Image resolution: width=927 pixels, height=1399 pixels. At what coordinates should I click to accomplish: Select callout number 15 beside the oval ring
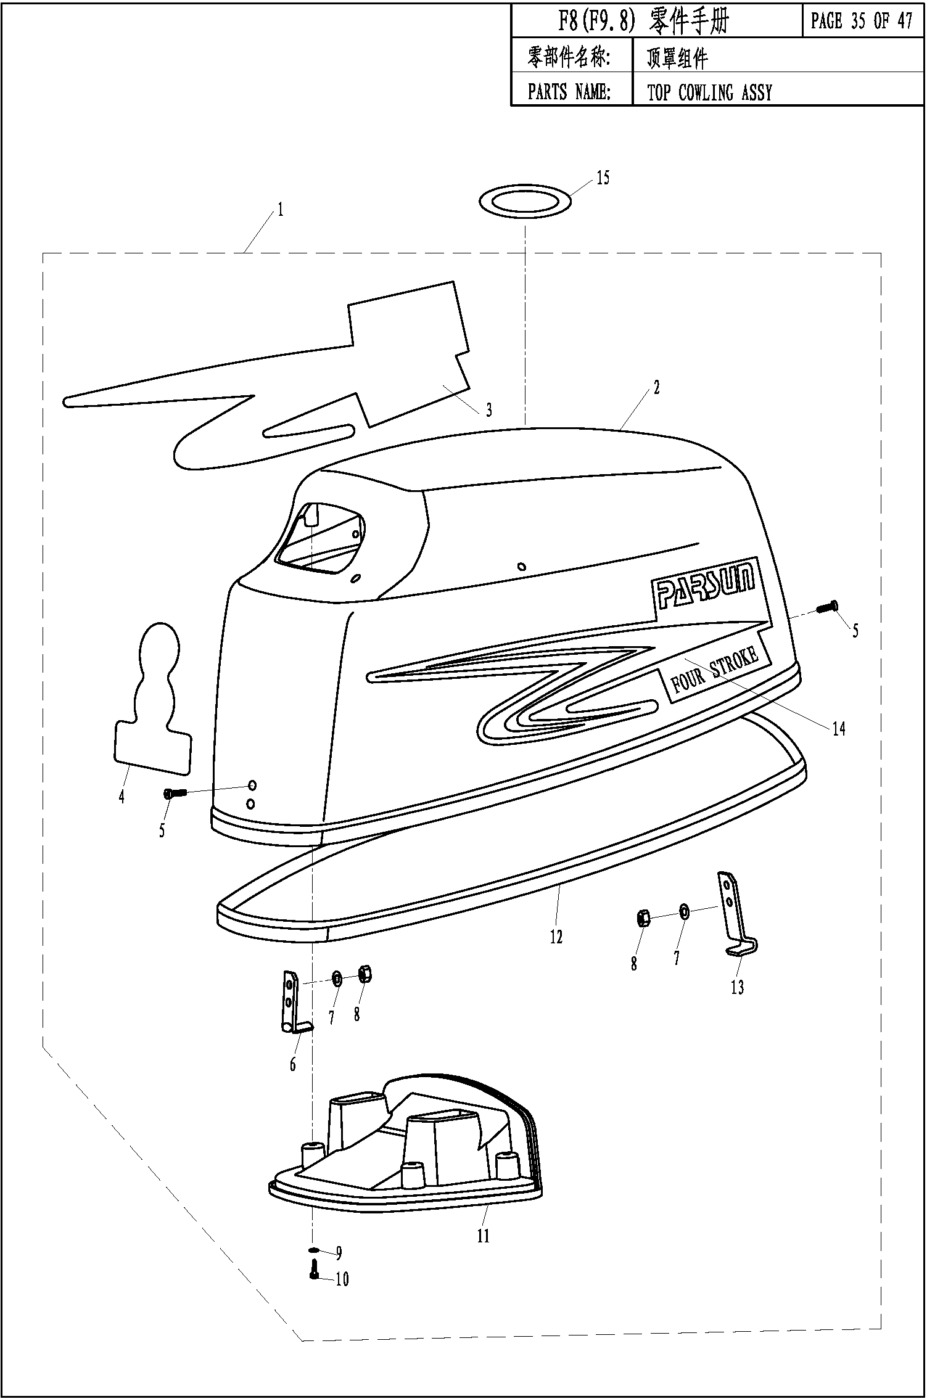[x=603, y=178]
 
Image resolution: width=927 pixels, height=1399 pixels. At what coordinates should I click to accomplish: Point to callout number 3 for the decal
[x=489, y=410]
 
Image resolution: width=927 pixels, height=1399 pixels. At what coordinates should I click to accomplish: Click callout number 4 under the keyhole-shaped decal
[x=122, y=797]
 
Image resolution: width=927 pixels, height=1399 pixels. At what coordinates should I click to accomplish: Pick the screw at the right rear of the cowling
[x=826, y=607]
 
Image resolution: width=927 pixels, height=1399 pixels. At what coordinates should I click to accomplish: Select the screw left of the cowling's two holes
[x=174, y=794]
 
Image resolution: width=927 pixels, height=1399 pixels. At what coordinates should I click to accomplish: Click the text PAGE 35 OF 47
[x=862, y=22]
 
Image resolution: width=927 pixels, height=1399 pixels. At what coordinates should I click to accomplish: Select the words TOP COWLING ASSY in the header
[x=709, y=92]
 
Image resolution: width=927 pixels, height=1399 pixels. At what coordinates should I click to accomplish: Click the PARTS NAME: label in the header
[x=569, y=92]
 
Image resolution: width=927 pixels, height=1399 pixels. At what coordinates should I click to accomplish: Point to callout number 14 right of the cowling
[x=839, y=729]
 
